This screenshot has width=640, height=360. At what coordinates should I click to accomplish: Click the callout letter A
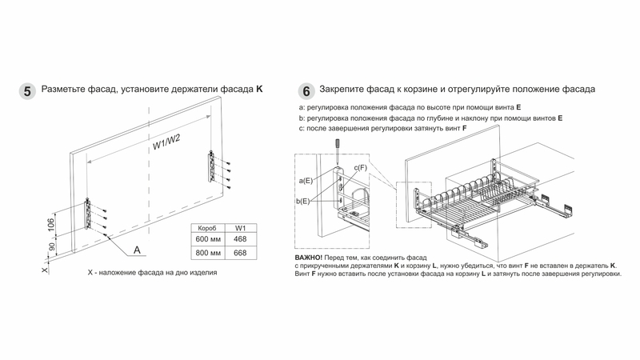(x=138, y=250)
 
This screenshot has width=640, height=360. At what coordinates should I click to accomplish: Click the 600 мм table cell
(x=207, y=240)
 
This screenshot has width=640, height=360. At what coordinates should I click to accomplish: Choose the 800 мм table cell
(x=207, y=254)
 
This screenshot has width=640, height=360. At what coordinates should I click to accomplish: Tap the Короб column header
(x=207, y=228)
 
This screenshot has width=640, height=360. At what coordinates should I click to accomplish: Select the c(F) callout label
(x=360, y=167)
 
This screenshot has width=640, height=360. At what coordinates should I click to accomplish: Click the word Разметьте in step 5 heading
(x=67, y=91)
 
